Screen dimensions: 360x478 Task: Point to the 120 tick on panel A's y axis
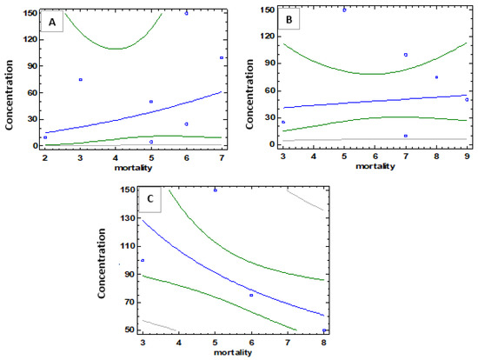pos(27,39)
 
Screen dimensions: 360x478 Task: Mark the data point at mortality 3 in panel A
pos(80,79)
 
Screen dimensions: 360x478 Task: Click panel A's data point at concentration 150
pos(186,13)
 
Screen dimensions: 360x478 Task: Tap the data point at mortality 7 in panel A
pos(222,57)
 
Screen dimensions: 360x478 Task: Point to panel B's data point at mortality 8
pos(436,77)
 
